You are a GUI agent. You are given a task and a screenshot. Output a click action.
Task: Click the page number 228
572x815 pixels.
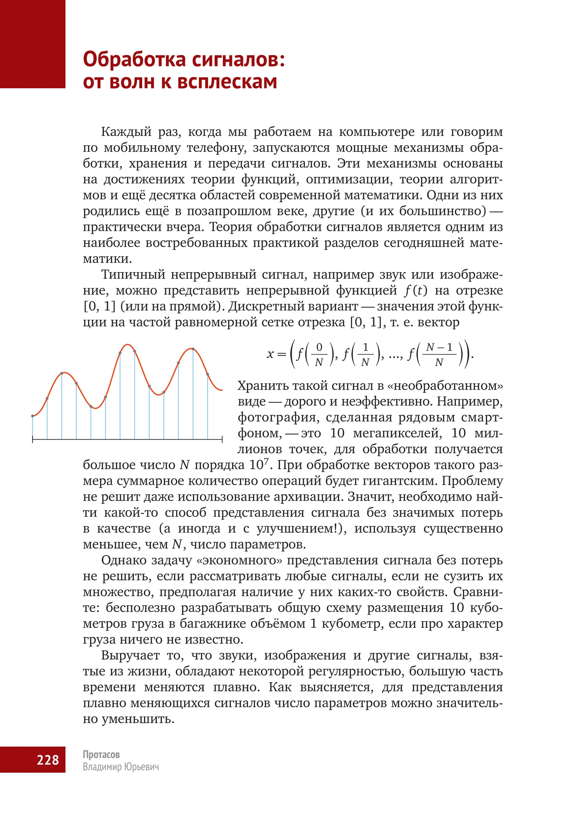pyautogui.click(x=48, y=760)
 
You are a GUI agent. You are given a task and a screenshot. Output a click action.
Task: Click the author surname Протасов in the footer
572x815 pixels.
pyautogui.click(x=101, y=754)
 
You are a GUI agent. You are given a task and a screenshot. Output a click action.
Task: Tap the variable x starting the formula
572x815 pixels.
pyautogui.click(x=270, y=354)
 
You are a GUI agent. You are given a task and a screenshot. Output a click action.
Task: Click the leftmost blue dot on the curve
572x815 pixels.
pyautogui.click(x=33, y=416)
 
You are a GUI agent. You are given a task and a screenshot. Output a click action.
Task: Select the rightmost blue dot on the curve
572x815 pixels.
pyautogui.click(x=208, y=374)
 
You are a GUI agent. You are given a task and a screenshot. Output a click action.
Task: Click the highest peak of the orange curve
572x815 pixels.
pyautogui.click(x=128, y=344)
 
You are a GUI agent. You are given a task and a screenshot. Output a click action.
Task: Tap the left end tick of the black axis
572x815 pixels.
pyautogui.click(x=33, y=439)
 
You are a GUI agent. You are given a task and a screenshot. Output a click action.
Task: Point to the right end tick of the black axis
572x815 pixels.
pyautogui.click(x=222, y=439)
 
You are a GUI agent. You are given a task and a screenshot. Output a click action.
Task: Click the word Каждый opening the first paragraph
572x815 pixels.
pyautogui.click(x=126, y=132)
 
